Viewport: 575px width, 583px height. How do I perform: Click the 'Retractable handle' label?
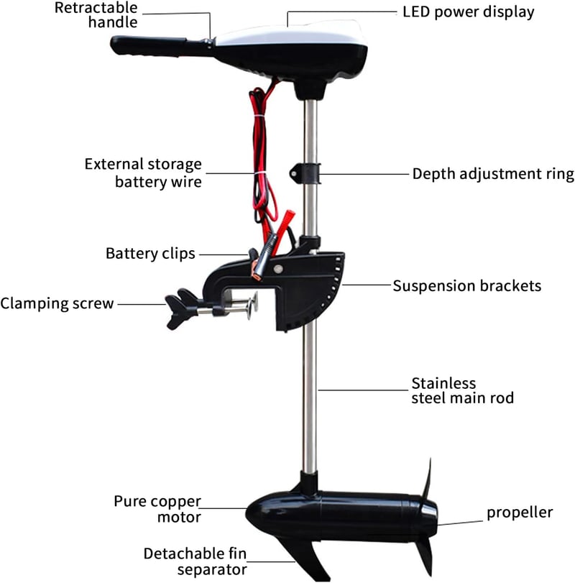tap(96, 15)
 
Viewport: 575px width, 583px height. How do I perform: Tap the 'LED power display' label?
tap(469, 12)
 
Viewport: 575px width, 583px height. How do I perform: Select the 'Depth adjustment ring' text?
tap(493, 174)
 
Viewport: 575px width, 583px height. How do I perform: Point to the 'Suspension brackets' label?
tap(467, 286)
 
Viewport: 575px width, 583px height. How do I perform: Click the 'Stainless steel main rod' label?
tap(462, 390)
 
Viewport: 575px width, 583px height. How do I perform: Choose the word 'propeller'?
tap(520, 513)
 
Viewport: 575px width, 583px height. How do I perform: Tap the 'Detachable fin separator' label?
tap(195, 561)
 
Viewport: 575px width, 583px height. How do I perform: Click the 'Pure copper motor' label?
tap(157, 509)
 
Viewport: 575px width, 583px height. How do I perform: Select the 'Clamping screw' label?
tap(57, 303)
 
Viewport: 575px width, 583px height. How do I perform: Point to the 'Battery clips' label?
tap(150, 254)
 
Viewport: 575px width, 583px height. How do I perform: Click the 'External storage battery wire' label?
tap(143, 173)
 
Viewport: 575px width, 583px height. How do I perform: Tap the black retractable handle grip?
tap(149, 46)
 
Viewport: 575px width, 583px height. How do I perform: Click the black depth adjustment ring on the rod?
tap(305, 173)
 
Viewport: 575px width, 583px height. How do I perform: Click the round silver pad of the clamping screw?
tap(252, 306)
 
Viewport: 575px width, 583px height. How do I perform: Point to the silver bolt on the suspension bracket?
tap(278, 268)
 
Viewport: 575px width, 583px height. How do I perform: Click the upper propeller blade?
tap(428, 479)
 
